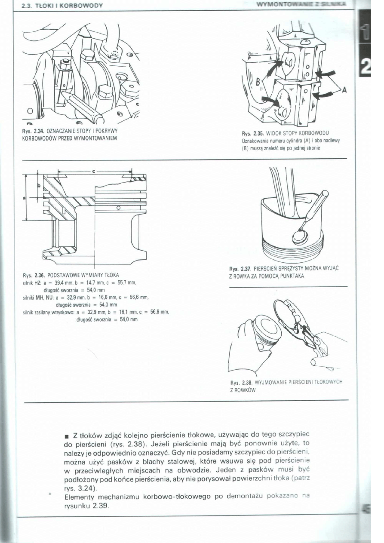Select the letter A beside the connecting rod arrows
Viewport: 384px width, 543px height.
344,90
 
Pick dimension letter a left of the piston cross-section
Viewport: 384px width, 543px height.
24,197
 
